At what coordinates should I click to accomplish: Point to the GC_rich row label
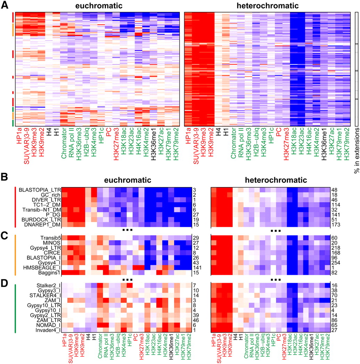click(52, 195)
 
